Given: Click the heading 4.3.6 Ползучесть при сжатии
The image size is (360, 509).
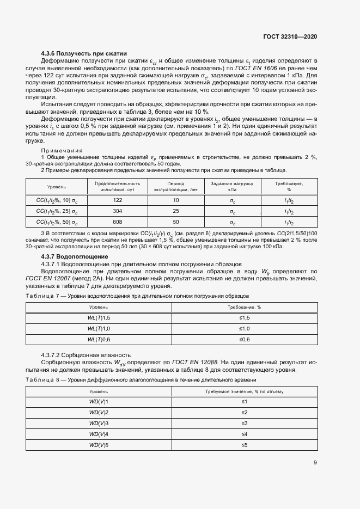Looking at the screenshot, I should pyautogui.click(x=84, y=53).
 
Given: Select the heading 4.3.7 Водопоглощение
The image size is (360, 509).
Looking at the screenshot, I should pyautogui.click(x=75, y=256).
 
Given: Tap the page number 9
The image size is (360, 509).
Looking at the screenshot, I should pyautogui.click(x=315, y=463).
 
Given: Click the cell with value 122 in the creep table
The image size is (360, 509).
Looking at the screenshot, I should pyautogui.click(x=117, y=200).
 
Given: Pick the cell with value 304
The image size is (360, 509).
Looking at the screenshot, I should pyautogui.click(x=117, y=211).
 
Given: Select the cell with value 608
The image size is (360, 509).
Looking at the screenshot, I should pyautogui.click(x=117, y=223).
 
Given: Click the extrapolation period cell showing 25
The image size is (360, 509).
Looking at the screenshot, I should pyautogui.click(x=175, y=211).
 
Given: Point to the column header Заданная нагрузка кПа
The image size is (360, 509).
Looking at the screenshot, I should pyautogui.click(x=232, y=187).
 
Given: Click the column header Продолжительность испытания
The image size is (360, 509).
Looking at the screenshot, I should pyautogui.click(x=117, y=187).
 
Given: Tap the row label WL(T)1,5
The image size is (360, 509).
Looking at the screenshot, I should pyautogui.click(x=99, y=317).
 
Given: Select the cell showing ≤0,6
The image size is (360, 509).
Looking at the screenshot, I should pyautogui.click(x=244, y=340).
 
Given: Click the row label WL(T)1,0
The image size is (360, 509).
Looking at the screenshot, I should pyautogui.click(x=99, y=329).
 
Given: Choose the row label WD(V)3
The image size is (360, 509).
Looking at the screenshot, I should pyautogui.click(x=99, y=423).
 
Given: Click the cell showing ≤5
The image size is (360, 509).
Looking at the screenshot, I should pyautogui.click(x=244, y=445).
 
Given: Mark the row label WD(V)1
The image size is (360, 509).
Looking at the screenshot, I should pyautogui.click(x=99, y=401).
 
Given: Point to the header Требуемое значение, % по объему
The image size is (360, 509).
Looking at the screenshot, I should pyautogui.click(x=244, y=391).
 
